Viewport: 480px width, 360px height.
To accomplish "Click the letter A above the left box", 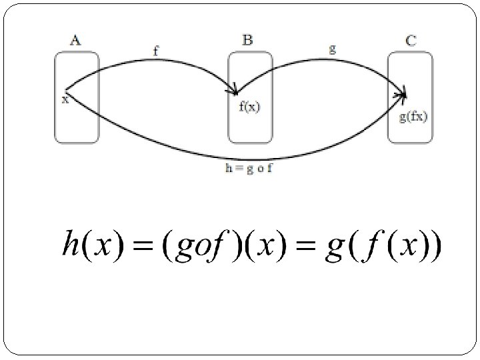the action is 75,41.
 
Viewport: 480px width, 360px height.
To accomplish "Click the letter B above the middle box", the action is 247,40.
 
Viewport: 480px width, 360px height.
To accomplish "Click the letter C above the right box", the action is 411,41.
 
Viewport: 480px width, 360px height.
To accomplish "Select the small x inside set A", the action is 65,100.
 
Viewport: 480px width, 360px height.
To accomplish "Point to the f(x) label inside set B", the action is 250,107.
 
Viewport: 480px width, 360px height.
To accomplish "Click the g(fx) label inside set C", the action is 413,117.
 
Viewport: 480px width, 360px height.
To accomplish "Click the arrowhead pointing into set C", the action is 401,95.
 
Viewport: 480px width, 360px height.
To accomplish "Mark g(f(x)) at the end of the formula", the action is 383,246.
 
